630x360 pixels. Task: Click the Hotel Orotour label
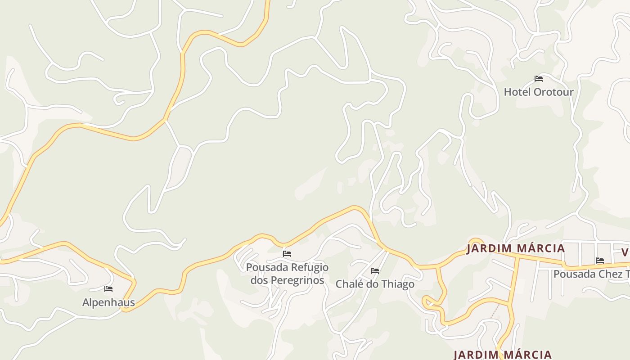click(x=538, y=92)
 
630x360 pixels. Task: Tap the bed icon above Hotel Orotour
click(x=539, y=79)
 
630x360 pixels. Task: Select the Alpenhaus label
click(x=108, y=302)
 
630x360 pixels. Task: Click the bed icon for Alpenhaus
click(x=108, y=289)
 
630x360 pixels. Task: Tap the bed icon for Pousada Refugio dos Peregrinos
click(x=287, y=254)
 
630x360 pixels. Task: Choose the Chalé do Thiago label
click(x=375, y=284)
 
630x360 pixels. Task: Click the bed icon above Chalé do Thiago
click(x=375, y=271)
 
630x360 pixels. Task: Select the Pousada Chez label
click(x=591, y=274)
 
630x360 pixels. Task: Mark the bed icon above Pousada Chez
click(x=600, y=261)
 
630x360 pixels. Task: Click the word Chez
click(x=612, y=274)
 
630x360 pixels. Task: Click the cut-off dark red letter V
click(x=625, y=252)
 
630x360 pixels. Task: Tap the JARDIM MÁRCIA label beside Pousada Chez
click(x=515, y=248)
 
